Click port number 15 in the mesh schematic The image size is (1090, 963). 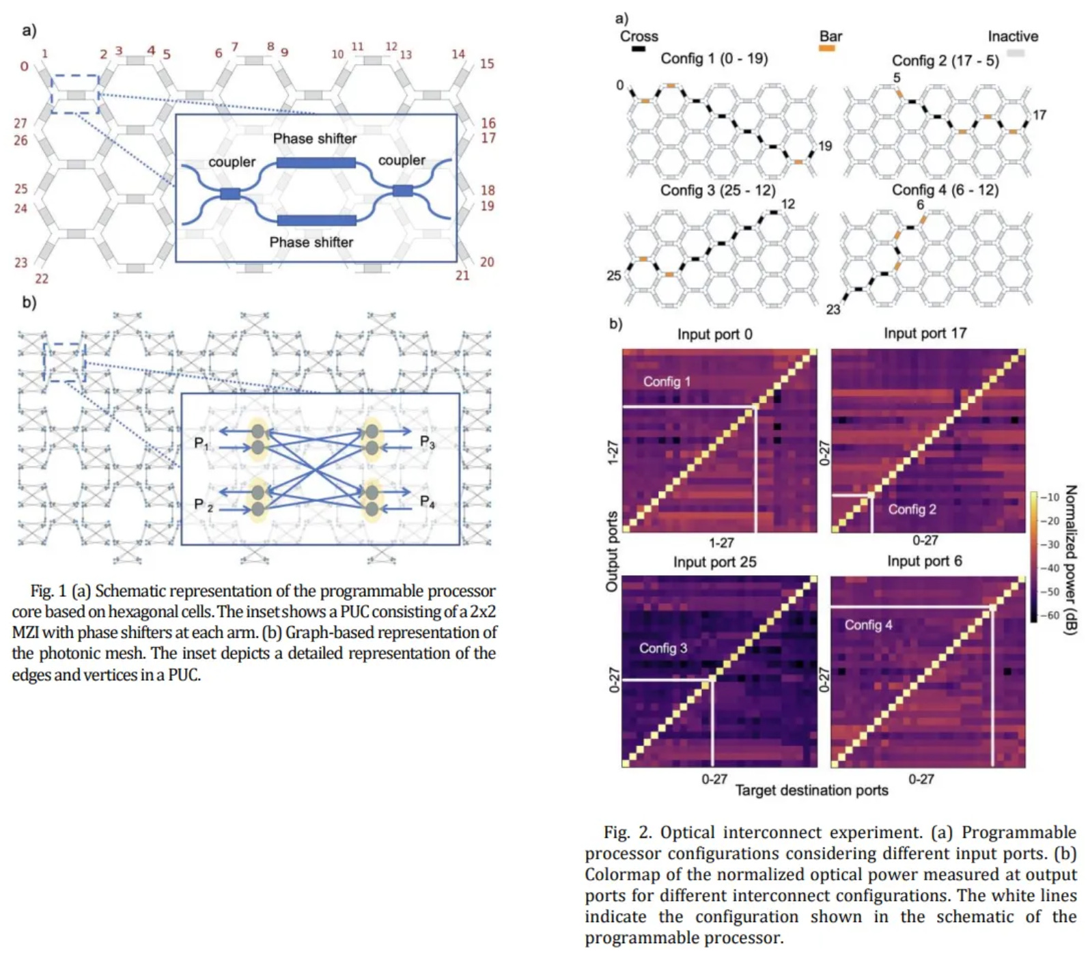pos(487,64)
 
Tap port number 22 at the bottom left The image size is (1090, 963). pos(42,279)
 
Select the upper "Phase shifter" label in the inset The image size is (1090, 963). pos(315,139)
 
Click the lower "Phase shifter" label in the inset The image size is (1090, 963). pos(311,242)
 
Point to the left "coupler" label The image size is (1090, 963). pos(232,163)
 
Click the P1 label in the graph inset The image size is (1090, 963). pos(201,444)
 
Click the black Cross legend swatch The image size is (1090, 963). pos(639,49)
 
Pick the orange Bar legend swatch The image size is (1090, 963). pos(827,49)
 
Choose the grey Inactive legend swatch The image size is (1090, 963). pos(1016,53)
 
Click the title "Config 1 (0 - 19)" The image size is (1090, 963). pos(714,59)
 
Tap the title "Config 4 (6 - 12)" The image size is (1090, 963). pos(945,190)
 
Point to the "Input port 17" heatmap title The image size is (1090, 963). pos(925,333)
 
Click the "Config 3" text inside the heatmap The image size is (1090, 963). pos(663,648)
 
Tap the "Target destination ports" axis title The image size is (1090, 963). pos(811,790)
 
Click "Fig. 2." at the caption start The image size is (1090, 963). pos(628,833)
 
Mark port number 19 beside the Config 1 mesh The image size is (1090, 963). pos(825,145)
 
